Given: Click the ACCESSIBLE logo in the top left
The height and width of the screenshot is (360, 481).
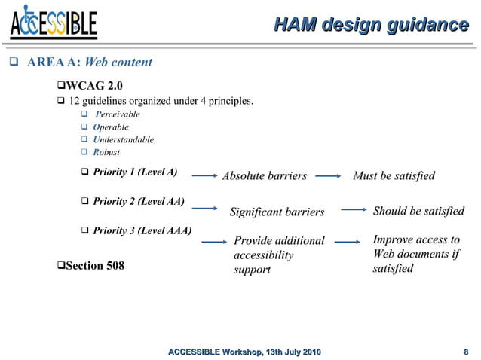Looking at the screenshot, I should click(54, 24).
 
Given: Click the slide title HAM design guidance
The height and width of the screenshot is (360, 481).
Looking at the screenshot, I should click(370, 25).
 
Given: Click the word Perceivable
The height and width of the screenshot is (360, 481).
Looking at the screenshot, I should click(118, 114).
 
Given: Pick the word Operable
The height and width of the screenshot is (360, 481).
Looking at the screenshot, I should click(111, 127).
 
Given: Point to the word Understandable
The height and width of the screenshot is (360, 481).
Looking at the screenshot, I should click(124, 139).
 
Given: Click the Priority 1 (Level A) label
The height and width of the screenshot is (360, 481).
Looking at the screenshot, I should click(135, 172).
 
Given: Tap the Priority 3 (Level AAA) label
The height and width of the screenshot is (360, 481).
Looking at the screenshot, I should click(142, 230).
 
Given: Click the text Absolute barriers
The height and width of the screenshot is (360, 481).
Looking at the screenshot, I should click(264, 176).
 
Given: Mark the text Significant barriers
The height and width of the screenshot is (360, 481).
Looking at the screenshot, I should click(276, 212).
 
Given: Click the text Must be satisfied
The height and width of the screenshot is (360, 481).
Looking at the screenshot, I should click(394, 176).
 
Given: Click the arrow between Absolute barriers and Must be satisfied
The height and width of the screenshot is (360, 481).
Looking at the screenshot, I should click(328, 177).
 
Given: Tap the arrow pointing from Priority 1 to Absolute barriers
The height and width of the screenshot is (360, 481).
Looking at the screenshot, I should click(205, 177).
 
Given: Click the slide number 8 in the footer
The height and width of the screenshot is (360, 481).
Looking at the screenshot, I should click(466, 352).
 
